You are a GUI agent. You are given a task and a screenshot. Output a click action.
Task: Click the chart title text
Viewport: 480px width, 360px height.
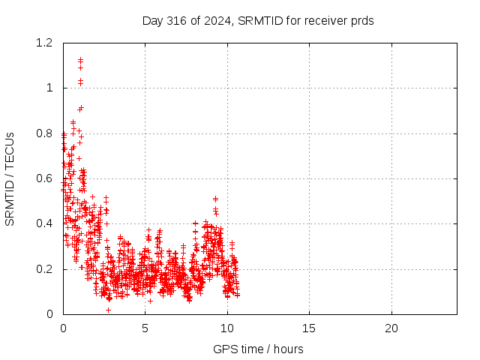tap(258, 21)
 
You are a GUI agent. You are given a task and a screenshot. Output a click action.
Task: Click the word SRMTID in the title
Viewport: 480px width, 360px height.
tap(260, 21)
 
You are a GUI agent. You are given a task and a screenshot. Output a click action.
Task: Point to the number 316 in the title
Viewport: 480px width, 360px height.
tap(177, 21)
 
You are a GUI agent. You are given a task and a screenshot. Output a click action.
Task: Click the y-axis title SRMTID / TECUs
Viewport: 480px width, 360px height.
tap(10, 179)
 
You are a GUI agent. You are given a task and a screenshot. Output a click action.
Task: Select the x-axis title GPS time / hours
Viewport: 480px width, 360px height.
tap(258, 349)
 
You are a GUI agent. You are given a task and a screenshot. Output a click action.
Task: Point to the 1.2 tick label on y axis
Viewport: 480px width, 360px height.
tap(44, 43)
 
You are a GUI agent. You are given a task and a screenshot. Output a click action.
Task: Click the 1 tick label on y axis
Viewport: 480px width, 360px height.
tap(49, 88)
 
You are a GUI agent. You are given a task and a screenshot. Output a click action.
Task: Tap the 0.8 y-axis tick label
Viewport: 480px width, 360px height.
tap(44, 133)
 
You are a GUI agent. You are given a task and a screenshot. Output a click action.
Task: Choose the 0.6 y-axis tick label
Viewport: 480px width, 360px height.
tap(44, 178)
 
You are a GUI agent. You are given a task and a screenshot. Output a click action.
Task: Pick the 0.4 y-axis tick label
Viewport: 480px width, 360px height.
tap(44, 223)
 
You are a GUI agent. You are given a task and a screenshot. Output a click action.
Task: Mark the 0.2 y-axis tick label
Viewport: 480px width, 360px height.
tap(44, 269)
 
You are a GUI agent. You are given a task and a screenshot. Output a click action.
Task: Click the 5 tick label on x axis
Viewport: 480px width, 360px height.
tap(145, 328)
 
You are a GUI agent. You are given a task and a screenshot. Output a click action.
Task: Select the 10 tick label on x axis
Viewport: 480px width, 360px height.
tap(227, 328)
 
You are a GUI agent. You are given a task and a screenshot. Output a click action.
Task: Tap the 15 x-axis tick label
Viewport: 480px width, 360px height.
tap(309, 328)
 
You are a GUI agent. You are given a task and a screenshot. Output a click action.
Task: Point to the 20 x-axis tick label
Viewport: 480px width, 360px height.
tap(391, 328)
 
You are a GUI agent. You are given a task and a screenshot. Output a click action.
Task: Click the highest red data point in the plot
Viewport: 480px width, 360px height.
tap(80, 59)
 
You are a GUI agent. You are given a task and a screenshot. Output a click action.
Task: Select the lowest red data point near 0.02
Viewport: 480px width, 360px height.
tap(108, 310)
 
